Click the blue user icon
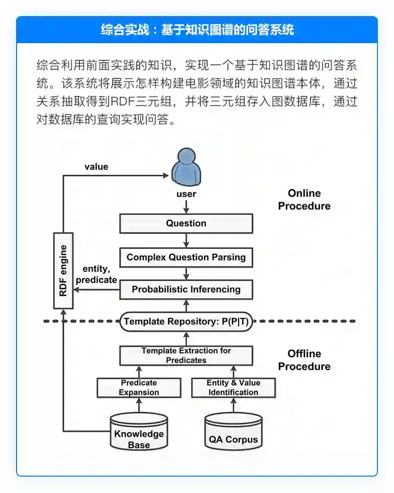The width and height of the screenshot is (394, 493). click(x=186, y=167)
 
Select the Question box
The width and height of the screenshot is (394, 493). click(x=186, y=223)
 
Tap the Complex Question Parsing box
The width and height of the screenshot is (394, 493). click(x=186, y=257)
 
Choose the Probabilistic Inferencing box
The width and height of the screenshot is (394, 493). click(x=186, y=289)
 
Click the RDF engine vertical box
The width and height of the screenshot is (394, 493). click(x=63, y=271)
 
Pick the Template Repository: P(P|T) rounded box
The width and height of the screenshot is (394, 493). click(x=186, y=321)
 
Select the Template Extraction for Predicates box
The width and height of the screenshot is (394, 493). click(x=186, y=355)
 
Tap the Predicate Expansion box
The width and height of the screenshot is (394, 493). click(x=139, y=388)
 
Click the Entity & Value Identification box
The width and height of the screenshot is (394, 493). click(x=233, y=388)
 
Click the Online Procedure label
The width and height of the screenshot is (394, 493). click(x=304, y=200)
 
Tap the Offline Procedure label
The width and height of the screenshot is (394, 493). click(x=304, y=360)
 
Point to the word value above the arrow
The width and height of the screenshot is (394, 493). click(x=96, y=167)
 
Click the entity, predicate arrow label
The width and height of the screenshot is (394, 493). click(x=96, y=275)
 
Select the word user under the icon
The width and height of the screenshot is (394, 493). click(x=186, y=194)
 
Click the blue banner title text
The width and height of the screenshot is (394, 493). click(x=197, y=30)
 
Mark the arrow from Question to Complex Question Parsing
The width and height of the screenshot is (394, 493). click(x=186, y=239)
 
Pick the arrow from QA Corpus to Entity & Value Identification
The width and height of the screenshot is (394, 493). click(x=233, y=405)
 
